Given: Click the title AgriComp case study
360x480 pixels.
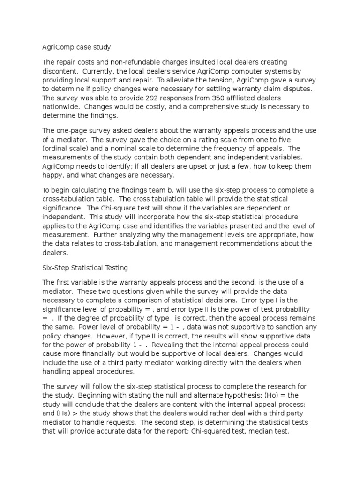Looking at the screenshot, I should pyautogui.click(x=76, y=47).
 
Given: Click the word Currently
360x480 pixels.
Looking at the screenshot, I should pyautogui.click(x=96, y=71).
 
